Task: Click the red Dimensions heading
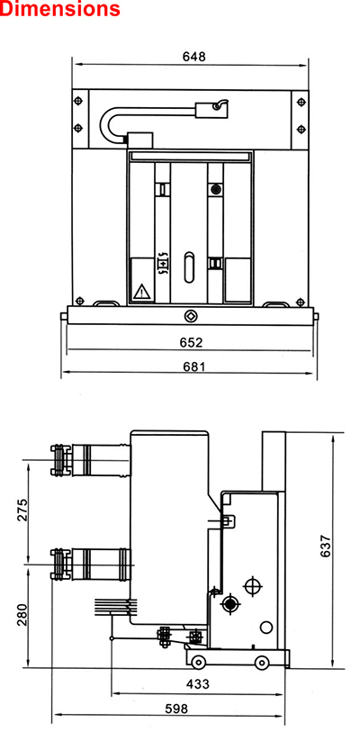pos(60,9)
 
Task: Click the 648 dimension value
pos(193,57)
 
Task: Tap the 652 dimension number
pos(191,342)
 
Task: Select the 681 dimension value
pos(194,366)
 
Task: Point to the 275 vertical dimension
pos(22,510)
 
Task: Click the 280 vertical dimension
pos(22,615)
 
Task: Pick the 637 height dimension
pos(325,546)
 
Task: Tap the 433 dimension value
pos(198,684)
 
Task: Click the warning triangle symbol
pos(141,292)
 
